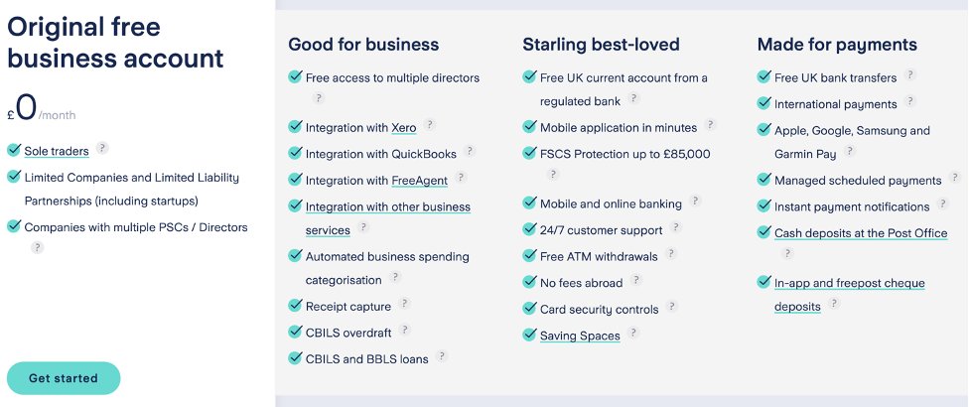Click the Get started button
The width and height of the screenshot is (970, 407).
pyautogui.click(x=64, y=378)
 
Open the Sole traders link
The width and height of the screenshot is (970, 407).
pyautogui.click(x=57, y=151)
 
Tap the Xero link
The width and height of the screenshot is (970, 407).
pyautogui.click(x=404, y=128)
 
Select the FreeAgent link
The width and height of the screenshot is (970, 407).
pyautogui.click(x=419, y=181)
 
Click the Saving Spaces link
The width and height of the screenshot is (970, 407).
pyautogui.click(x=580, y=336)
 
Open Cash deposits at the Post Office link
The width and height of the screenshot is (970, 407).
pyautogui.click(x=861, y=233)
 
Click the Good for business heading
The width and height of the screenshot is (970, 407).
pyautogui.click(x=363, y=45)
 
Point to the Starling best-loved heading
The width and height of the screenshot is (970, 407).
pyautogui.click(x=601, y=45)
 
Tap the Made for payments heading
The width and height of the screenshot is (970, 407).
pyautogui.click(x=837, y=45)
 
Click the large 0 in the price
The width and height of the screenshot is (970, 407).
pyautogui.click(x=26, y=107)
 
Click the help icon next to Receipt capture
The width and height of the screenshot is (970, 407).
pyautogui.click(x=404, y=303)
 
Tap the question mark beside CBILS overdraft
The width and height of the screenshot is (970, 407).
pyautogui.click(x=404, y=330)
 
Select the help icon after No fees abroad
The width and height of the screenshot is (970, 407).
pyautogui.click(x=636, y=280)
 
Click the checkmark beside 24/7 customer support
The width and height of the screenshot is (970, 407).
pyautogui.click(x=529, y=229)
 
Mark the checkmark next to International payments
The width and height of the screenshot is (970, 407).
pyautogui.click(x=764, y=102)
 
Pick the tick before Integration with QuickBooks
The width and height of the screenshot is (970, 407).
pyautogui.click(x=295, y=152)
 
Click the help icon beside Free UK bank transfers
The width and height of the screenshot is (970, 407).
pyautogui.click(x=909, y=74)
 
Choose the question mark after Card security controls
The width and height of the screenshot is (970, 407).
pyautogui.click(x=672, y=306)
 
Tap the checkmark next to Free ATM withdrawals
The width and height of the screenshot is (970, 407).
pyautogui.click(x=529, y=255)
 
